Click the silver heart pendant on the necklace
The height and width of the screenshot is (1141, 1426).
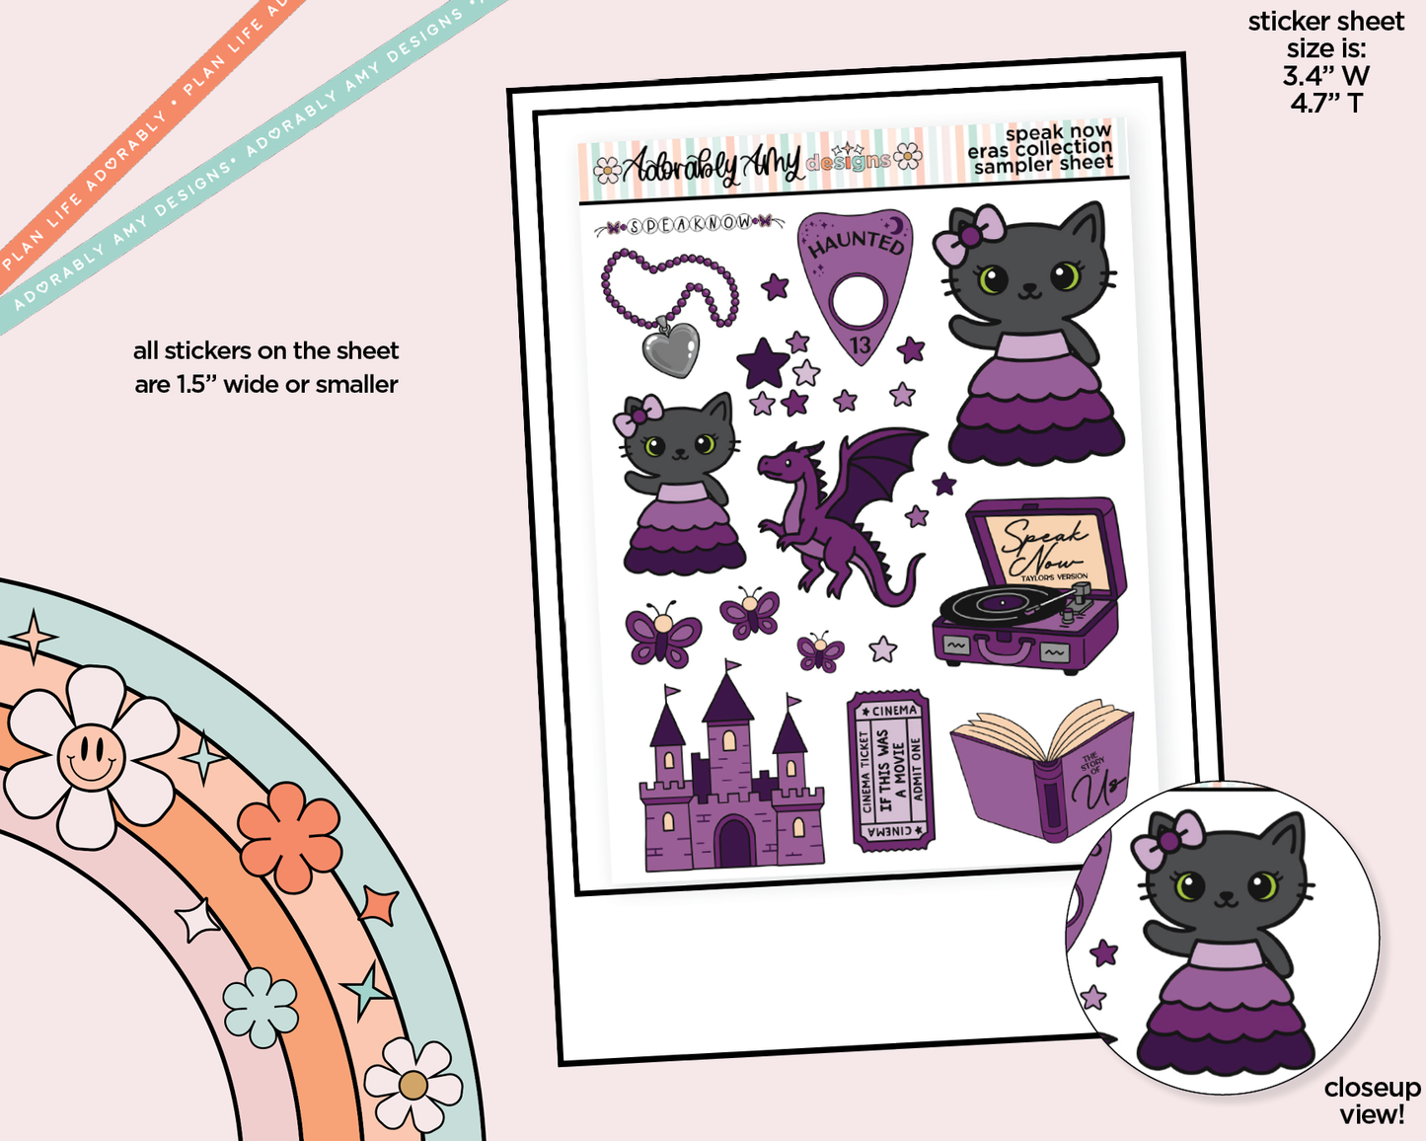point(671,348)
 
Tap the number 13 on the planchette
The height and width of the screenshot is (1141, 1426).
point(860,344)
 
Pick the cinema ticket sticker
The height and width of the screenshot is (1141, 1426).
point(890,769)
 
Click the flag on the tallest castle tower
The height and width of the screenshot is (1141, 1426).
point(732,667)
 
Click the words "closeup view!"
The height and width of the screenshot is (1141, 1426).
point(1372,1101)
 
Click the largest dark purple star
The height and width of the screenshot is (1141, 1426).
point(763,363)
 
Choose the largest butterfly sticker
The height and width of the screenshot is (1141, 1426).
point(663,635)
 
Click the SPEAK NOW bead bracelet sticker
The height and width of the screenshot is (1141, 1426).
point(690,225)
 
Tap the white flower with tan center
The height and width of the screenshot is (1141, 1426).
point(413,1085)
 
